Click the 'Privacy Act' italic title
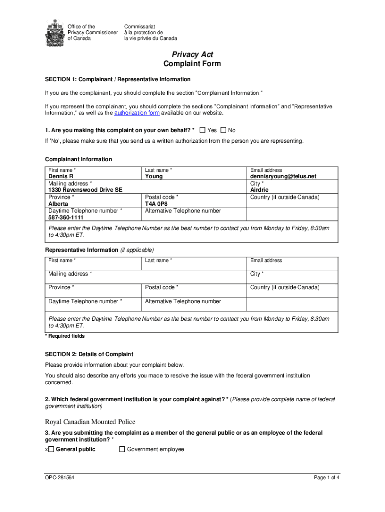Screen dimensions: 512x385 192,54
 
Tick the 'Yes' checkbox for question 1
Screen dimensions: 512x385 202,130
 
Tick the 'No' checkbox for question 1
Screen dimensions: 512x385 223,130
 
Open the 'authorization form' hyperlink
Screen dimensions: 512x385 137,113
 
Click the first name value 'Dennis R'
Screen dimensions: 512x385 61,176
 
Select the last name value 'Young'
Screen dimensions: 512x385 154,176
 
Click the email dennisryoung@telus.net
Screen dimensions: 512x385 283,176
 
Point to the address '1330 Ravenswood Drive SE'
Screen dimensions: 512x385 85,190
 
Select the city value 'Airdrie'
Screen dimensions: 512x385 259,190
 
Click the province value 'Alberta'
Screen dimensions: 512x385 59,204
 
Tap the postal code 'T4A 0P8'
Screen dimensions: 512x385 157,204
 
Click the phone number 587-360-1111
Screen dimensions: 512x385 66,218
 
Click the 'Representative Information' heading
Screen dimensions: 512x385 82,250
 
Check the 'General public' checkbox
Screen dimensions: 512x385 51,449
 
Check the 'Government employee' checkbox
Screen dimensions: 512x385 122,449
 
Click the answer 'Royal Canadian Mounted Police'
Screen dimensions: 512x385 90,422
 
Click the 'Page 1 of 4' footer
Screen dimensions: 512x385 327,478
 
